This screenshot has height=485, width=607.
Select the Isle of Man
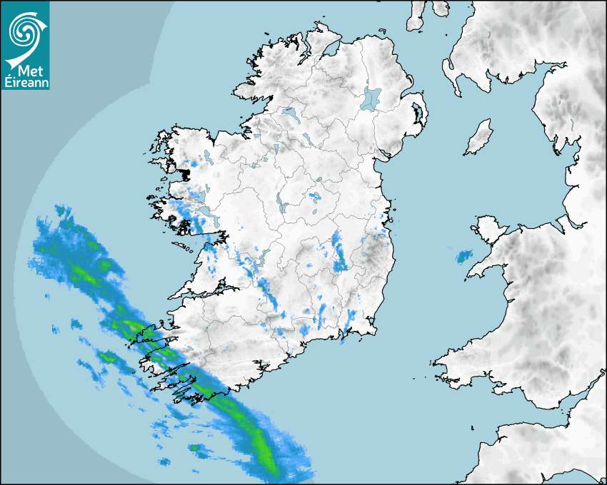479,138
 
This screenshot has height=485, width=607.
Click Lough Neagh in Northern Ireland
372,98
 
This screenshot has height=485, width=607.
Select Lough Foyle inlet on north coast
329,50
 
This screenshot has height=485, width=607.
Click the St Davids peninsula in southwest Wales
439,364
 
